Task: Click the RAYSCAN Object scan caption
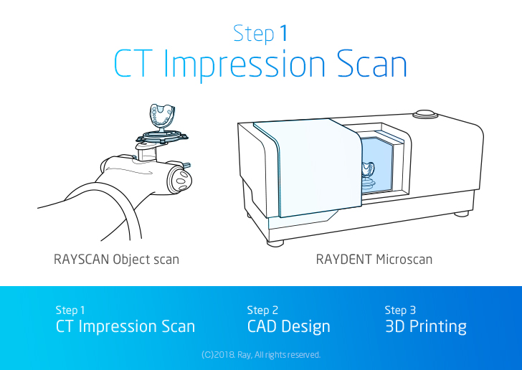[116, 259]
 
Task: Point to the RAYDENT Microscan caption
[374, 259]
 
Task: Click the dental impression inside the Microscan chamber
[366, 171]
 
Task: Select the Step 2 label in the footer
[262, 310]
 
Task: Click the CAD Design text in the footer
[288, 327]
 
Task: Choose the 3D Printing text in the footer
[425, 327]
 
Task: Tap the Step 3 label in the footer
[400, 310]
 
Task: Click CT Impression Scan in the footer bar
[125, 327]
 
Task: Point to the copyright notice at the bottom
[261, 355]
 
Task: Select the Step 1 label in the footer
[70, 310]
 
